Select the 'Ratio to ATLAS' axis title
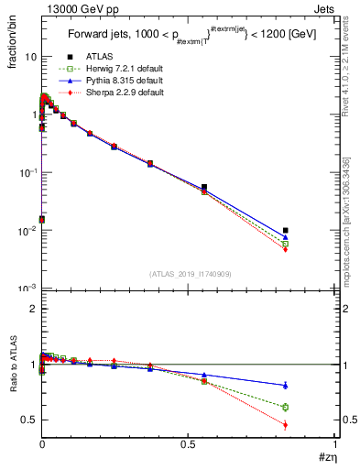click(x=13, y=362)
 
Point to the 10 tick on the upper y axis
click(x=30, y=57)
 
